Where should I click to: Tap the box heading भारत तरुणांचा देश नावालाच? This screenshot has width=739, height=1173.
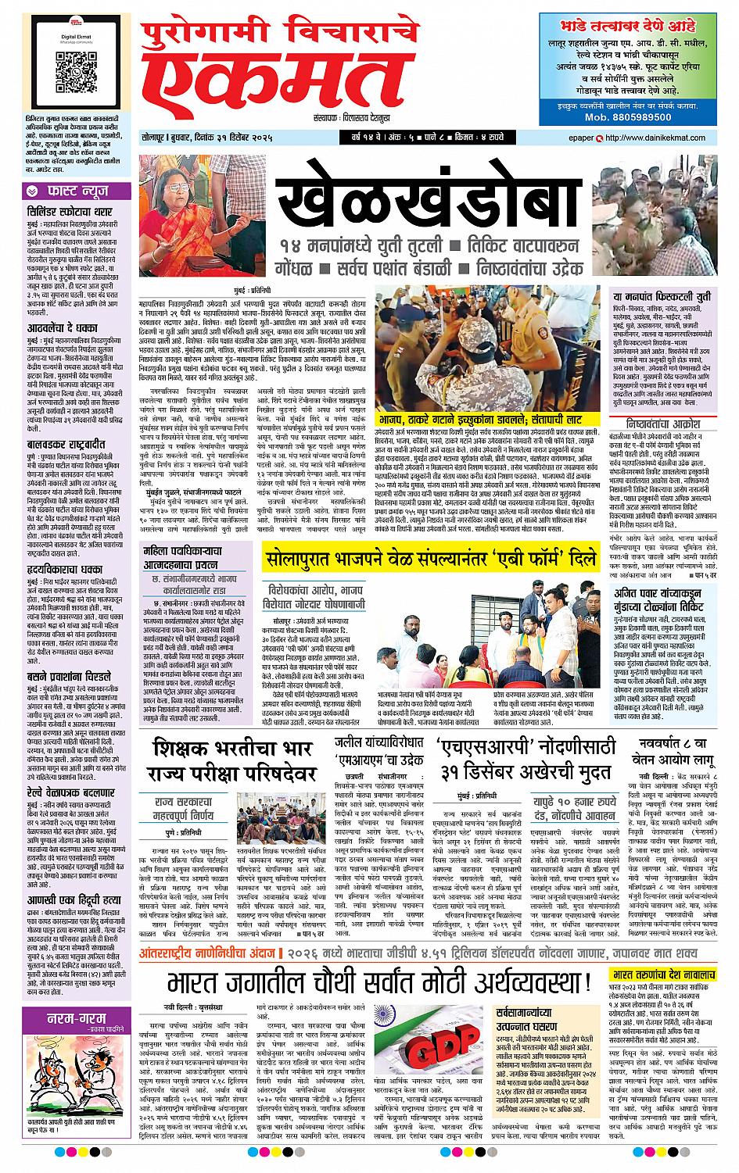pyautogui.click(x=665, y=977)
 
